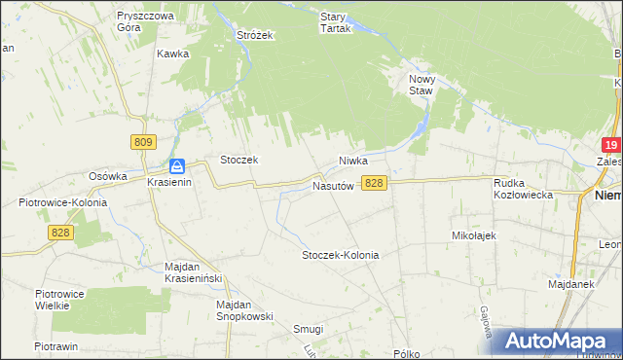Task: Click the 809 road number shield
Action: tap(143, 142)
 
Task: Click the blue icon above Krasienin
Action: tap(176, 166)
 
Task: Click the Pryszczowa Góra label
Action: tap(144, 22)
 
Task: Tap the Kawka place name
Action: tap(171, 54)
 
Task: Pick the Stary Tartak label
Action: tap(335, 22)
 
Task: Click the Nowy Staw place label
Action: tap(421, 86)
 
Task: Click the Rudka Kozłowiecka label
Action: tap(524, 188)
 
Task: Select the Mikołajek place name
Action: tap(474, 235)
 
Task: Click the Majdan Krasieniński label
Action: tap(195, 272)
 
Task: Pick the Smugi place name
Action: tap(308, 329)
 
